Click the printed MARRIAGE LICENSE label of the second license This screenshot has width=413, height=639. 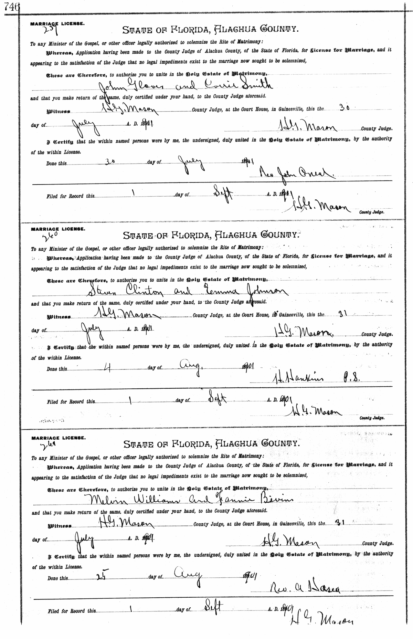point(57,229)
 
